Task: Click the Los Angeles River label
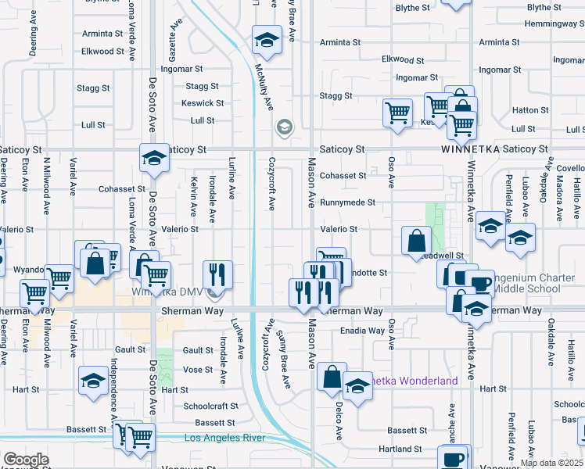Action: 224,438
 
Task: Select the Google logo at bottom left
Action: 25,460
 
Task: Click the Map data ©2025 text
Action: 551,463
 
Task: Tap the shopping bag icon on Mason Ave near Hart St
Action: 332,377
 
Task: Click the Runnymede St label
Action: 348,202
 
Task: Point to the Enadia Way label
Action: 362,331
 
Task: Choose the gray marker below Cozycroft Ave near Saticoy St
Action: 284,127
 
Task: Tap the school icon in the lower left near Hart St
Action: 93,381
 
